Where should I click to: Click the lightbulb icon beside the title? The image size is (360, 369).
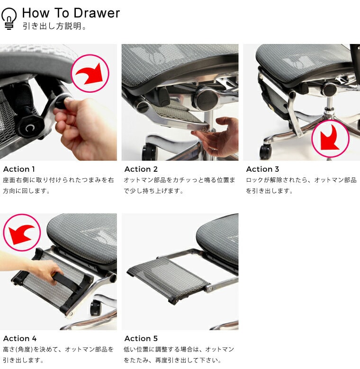coord(9,18)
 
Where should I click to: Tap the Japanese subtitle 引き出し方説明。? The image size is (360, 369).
coord(54,26)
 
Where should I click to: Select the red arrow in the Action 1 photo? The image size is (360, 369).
coord(90,73)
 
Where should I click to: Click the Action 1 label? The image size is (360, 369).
coord(19,169)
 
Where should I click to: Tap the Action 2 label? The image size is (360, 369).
coord(141,169)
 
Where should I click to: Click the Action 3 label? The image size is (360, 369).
coord(262,169)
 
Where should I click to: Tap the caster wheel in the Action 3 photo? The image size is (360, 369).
coord(266,151)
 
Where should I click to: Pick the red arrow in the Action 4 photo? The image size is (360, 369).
coord(22,234)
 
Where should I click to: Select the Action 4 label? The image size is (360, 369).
coord(20,338)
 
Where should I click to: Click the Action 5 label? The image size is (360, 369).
coord(141,338)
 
